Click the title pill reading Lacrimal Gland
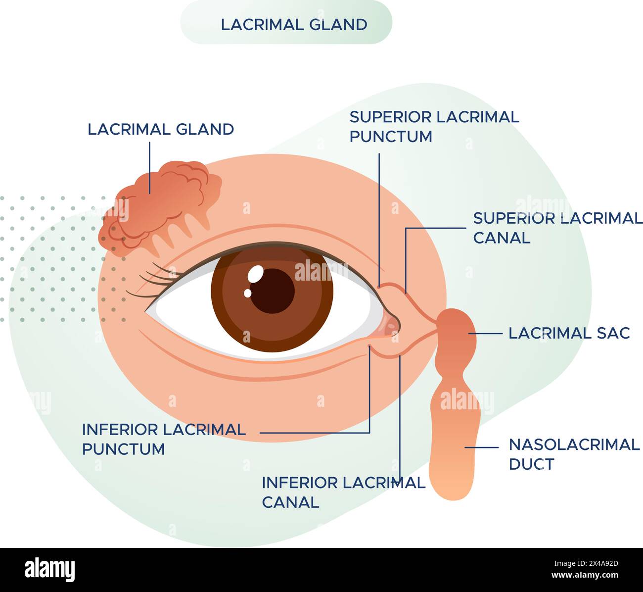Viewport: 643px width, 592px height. coord(286,23)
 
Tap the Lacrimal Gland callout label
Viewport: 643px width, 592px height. coord(161,129)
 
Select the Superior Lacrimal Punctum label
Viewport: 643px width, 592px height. coord(434,126)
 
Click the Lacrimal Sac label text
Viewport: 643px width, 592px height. coord(569,333)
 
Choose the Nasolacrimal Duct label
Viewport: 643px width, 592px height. coord(574,454)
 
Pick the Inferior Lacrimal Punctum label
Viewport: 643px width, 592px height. coord(164,439)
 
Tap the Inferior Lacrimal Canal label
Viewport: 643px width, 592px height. coord(343,492)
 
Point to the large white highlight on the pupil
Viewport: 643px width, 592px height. coord(256,273)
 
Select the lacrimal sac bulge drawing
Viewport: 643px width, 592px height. coord(455,337)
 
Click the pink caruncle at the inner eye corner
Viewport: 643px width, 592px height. coord(391,325)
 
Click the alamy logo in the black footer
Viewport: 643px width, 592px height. coord(50,569)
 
